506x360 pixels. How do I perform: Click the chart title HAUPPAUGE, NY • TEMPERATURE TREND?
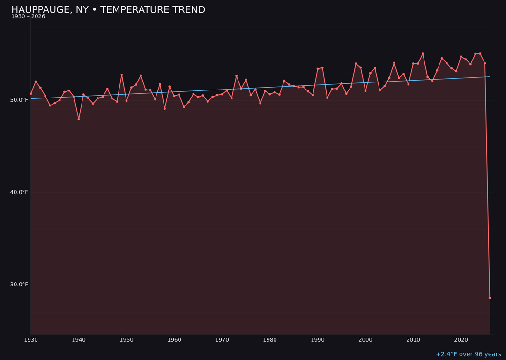tap(108, 10)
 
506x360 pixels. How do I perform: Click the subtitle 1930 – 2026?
tap(28, 17)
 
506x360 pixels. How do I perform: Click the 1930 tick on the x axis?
tap(31, 340)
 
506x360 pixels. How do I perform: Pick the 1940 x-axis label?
tap(79, 340)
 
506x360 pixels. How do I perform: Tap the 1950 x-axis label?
tap(126, 340)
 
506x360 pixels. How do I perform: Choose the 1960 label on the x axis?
tap(174, 340)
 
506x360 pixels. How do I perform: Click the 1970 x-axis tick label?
tap(222, 340)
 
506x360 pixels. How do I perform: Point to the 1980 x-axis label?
tap(270, 340)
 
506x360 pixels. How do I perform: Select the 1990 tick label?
tap(318, 340)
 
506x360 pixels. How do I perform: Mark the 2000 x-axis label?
tap(365, 340)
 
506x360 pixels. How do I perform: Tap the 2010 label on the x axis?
tap(413, 340)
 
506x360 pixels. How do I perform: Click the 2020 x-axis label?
tap(461, 340)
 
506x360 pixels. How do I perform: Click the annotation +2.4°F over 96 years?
tap(468, 354)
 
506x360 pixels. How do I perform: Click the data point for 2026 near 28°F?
tap(490, 298)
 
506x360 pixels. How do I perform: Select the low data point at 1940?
tap(79, 119)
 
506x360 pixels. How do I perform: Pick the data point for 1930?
tap(31, 93)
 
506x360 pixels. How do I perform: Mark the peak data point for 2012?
tap(423, 54)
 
